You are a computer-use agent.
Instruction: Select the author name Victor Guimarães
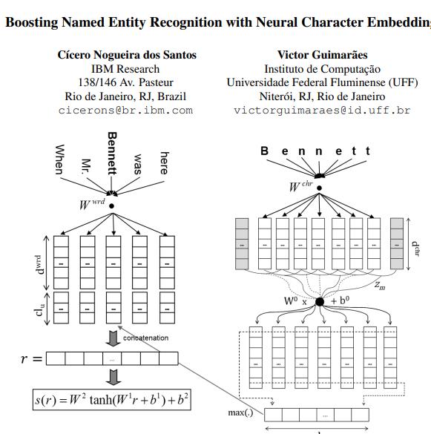[x=322, y=55]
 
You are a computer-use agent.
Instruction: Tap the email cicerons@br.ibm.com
[x=125, y=110]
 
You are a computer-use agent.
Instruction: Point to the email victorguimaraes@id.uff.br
[x=322, y=110]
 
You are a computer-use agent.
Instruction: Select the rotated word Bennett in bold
[x=112, y=154]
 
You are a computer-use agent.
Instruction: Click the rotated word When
[x=60, y=159]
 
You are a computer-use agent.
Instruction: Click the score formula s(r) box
[x=111, y=401]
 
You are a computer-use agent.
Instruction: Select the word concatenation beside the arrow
[x=146, y=338]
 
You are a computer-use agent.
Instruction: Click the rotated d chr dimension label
[x=416, y=243]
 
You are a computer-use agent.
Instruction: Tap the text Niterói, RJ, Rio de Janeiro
[x=321, y=96]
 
